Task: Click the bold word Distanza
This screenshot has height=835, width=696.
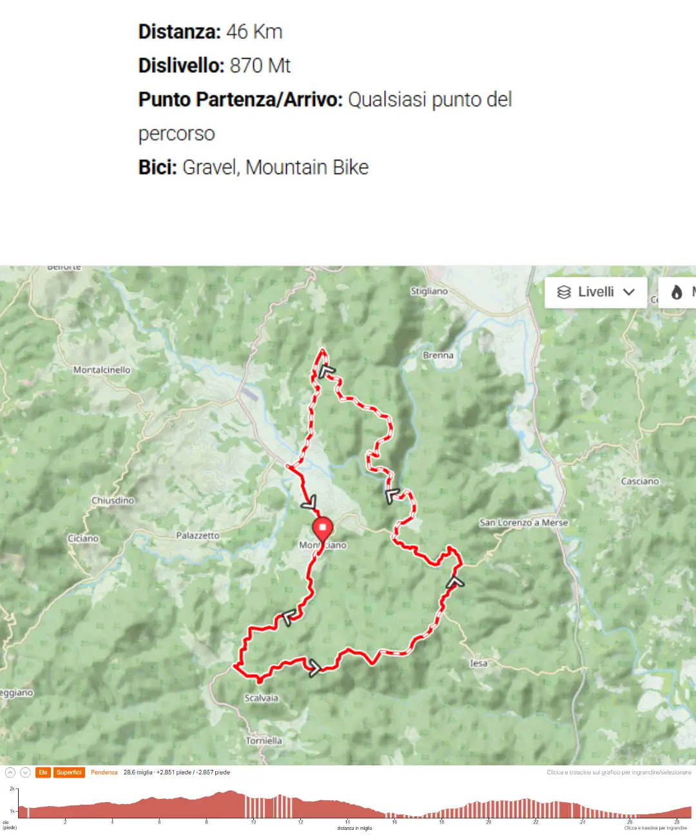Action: coord(179,32)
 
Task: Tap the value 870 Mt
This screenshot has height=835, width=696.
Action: coord(260,66)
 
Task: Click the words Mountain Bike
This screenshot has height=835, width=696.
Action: coord(307,168)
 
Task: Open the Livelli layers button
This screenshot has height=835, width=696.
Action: coord(595,292)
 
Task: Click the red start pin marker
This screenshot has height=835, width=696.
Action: coord(322,529)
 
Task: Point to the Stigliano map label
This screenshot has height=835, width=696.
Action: coord(429,291)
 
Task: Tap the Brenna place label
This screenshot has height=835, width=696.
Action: coord(438,355)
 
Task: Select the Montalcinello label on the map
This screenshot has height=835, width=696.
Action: coord(102,370)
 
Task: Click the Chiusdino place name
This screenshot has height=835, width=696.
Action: coord(113,500)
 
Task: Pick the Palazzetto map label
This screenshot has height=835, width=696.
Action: coord(198,535)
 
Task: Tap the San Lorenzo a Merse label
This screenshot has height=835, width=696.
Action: coord(523,523)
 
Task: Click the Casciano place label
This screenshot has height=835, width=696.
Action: coord(640,481)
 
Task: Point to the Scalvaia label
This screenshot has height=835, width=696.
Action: coord(261,698)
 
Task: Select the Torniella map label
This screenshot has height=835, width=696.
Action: coord(264,741)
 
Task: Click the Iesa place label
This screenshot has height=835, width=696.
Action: coord(479,663)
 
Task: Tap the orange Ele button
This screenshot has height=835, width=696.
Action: coord(43,772)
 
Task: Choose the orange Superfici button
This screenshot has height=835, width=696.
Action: coord(69,772)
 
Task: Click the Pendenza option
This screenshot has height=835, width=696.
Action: coord(104,772)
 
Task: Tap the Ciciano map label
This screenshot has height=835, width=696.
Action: coord(84,538)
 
